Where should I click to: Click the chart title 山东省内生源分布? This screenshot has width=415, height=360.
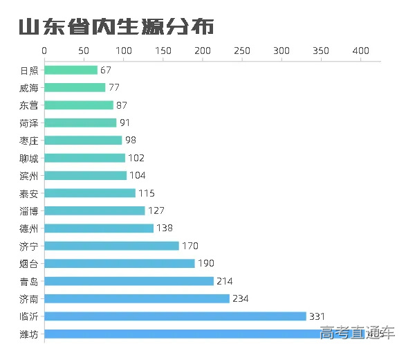tap(116, 27)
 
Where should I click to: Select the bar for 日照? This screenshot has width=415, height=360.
tap(71, 70)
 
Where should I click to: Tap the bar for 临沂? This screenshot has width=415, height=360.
tap(175, 316)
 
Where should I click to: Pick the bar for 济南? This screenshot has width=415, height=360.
tap(137, 298)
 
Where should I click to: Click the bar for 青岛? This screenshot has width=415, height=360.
tap(129, 281)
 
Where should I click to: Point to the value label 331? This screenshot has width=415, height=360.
tap(317, 316)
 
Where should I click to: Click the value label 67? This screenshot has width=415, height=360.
tap(105, 70)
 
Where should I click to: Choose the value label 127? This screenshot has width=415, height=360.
tap(156, 210)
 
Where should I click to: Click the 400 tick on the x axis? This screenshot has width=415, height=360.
tap(360, 51)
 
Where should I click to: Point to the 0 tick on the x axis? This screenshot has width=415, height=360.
tap(45, 51)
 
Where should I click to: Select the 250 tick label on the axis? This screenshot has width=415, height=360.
tap(242, 51)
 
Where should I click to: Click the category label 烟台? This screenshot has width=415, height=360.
tap(29, 264)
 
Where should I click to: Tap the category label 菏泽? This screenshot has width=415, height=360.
tap(29, 123)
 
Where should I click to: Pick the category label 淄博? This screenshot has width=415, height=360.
tap(29, 210)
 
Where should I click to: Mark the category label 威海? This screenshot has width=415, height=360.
tap(29, 88)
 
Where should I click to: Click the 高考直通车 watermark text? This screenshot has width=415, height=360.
tap(357, 333)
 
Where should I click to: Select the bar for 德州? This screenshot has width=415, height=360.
tap(99, 228)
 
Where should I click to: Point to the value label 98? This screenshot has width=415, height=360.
tap(131, 141)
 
